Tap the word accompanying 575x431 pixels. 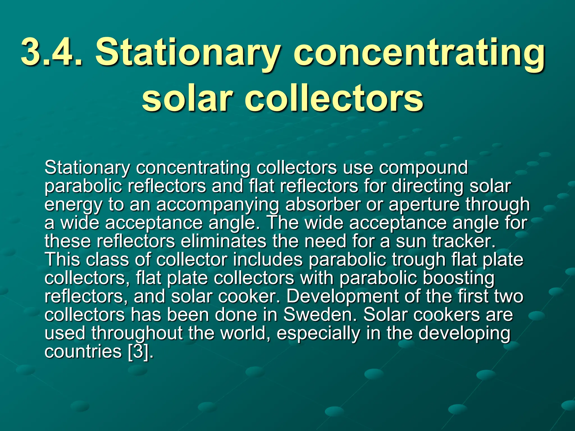(x=218, y=205)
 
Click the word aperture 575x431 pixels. (x=424, y=205)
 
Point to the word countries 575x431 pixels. (x=83, y=352)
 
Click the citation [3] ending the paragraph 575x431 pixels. (x=138, y=352)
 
